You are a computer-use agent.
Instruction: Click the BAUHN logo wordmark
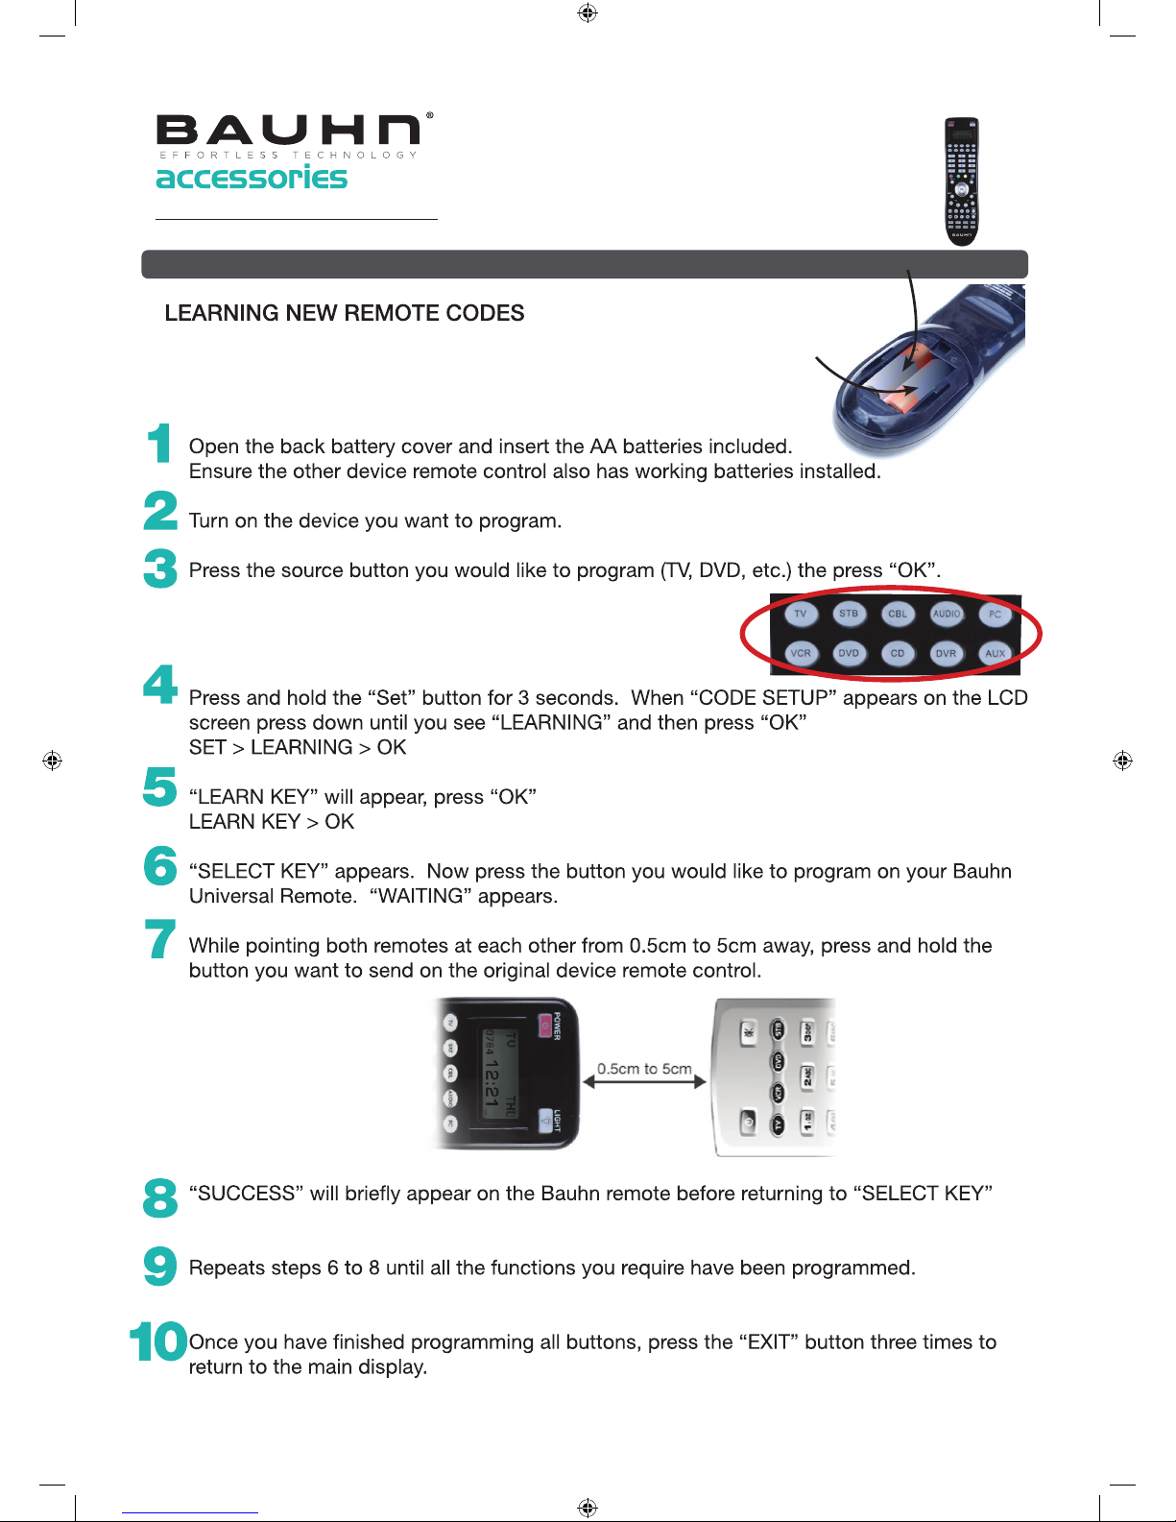pyautogui.click(x=288, y=132)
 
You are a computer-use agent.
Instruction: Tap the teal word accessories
pyautogui.click(x=252, y=178)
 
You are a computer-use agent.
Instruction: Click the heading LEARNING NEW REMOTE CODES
pyautogui.click(x=344, y=313)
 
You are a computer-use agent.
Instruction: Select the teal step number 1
pyautogui.click(x=159, y=444)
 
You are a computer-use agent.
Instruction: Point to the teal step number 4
pyautogui.click(x=160, y=685)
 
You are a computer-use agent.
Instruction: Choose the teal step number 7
pyautogui.click(x=160, y=939)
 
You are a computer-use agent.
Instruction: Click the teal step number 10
pyautogui.click(x=158, y=1341)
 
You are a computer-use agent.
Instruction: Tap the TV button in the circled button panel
pyautogui.click(x=800, y=615)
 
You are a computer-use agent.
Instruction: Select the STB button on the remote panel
pyautogui.click(x=849, y=614)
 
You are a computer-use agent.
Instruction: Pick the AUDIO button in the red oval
pyautogui.click(x=947, y=614)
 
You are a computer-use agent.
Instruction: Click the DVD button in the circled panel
pyautogui.click(x=849, y=653)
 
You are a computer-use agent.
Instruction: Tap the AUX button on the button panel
pyautogui.click(x=996, y=653)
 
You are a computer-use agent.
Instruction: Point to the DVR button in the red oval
pyautogui.click(x=947, y=653)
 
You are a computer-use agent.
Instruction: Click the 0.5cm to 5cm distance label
pyautogui.click(x=644, y=1069)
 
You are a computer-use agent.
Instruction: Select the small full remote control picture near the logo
pyautogui.click(x=961, y=181)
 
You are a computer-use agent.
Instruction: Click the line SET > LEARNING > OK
pyautogui.click(x=298, y=747)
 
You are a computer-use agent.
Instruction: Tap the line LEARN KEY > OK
pyautogui.click(x=272, y=822)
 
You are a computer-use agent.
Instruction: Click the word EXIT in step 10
pyautogui.click(x=768, y=1342)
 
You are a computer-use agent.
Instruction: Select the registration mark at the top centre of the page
pyautogui.click(x=588, y=12)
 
